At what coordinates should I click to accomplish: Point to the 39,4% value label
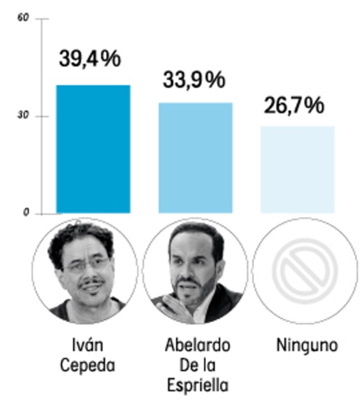(90, 59)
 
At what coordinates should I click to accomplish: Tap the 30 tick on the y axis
(24, 116)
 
